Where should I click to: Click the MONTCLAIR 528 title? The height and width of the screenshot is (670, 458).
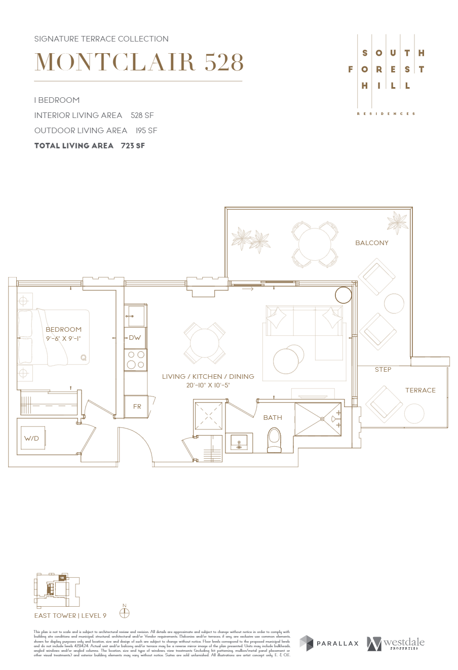pos(139,62)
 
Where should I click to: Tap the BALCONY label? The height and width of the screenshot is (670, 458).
pos(371,243)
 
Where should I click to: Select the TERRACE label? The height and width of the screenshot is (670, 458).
pos(420,390)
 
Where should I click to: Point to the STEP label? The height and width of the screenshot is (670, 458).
pos(383,370)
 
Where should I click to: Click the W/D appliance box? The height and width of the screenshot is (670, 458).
pos(32,438)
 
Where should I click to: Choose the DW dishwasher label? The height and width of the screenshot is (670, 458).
pos(135,338)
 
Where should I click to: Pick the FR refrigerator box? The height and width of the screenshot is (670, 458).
pos(136,407)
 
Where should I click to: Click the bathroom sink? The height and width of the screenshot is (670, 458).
pos(239,442)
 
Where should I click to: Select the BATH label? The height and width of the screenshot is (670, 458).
pos(273,418)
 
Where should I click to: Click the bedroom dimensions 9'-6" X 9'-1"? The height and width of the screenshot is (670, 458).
pos(63,338)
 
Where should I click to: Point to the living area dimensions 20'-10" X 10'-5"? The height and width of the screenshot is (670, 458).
pos(208,385)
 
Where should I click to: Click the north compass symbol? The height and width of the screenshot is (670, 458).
pos(124,613)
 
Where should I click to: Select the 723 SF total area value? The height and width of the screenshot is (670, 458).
pos(133,146)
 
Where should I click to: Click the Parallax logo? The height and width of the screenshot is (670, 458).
pos(329,643)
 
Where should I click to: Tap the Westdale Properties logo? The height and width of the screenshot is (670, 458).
pos(396,643)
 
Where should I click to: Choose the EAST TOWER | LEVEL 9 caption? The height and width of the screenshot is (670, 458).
pos(70,616)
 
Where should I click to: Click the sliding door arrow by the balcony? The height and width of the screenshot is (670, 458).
pos(248,289)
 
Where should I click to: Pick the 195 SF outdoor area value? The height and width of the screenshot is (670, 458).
pos(146,131)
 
